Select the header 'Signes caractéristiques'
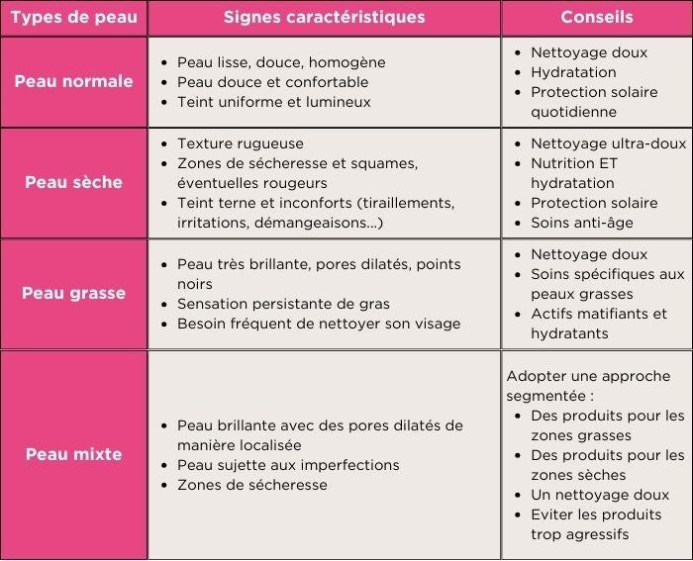tap(324, 18)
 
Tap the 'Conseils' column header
tap(596, 18)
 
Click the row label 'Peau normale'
tap(73, 81)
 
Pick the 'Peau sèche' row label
tap(73, 182)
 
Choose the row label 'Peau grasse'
tap(73, 293)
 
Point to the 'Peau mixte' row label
tap(73, 454)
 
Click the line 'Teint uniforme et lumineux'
tap(273, 102)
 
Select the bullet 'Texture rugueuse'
tap(241, 143)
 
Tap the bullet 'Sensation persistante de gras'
tap(283, 304)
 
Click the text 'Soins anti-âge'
tap(582, 223)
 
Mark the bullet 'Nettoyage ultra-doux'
tap(608, 143)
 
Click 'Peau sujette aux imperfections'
tap(288, 465)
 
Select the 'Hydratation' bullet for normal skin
tap(573, 72)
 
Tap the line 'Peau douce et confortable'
tap(272, 82)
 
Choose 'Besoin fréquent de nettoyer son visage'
tap(319, 324)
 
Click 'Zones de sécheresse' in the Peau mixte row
tap(251, 485)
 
